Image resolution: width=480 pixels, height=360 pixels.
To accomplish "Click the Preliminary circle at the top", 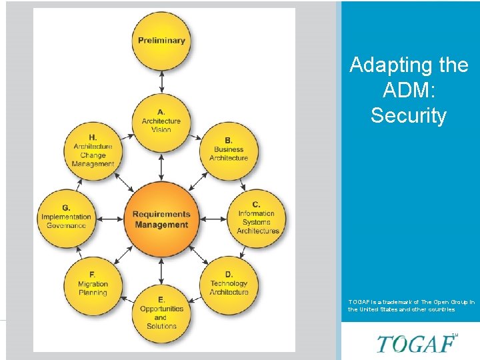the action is (x=161, y=40).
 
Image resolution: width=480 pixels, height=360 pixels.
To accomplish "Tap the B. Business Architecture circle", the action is (x=228, y=150).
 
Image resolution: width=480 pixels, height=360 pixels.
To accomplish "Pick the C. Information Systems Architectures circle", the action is (x=257, y=217).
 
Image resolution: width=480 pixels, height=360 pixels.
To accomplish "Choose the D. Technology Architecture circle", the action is (x=229, y=284).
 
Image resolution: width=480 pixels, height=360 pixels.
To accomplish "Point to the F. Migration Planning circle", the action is (x=93, y=284).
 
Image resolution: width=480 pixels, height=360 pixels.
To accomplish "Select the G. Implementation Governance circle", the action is (x=66, y=217).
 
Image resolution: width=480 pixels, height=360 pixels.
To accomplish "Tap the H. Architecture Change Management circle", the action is (x=93, y=150).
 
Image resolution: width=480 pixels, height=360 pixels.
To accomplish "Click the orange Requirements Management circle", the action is (x=161, y=219).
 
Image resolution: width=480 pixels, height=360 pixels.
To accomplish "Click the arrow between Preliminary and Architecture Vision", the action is (x=161, y=81).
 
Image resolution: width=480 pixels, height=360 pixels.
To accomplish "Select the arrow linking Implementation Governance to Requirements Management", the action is (x=109, y=218).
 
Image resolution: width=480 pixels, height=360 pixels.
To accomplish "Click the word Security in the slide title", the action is (x=408, y=115).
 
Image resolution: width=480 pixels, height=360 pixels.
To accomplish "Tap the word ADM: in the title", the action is (x=409, y=90).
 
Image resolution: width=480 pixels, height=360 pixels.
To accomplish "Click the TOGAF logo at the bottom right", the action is (x=416, y=343).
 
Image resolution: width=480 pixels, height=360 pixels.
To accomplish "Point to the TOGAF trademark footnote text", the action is (x=411, y=305).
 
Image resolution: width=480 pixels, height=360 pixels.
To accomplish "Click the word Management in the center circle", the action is (x=161, y=225).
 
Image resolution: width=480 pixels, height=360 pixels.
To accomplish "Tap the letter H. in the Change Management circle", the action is (x=93, y=137).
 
